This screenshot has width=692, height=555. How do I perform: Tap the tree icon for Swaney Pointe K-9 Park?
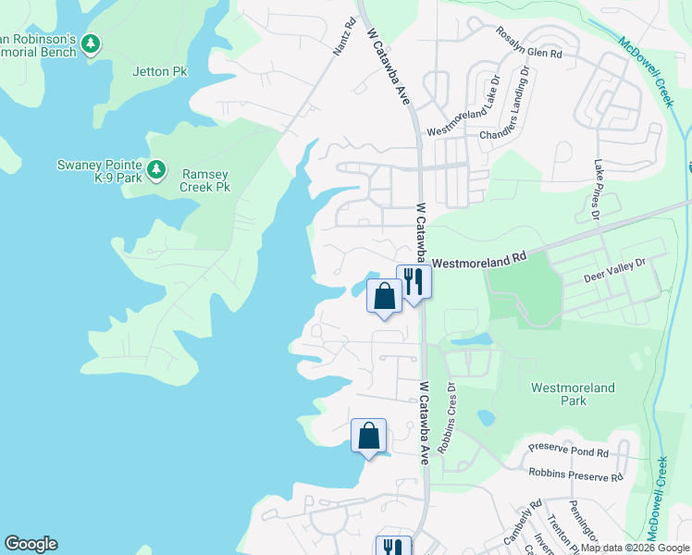[157, 168]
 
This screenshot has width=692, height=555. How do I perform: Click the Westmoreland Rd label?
[478, 262]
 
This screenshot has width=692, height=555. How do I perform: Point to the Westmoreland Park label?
[574, 395]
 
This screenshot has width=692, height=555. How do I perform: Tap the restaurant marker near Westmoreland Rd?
[413, 281]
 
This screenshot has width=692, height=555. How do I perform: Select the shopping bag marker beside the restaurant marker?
[385, 296]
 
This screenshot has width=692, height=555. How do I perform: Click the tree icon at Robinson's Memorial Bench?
[90, 43]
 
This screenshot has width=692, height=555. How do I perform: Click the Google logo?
[31, 544]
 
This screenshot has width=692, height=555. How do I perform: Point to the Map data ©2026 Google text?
[635, 548]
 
